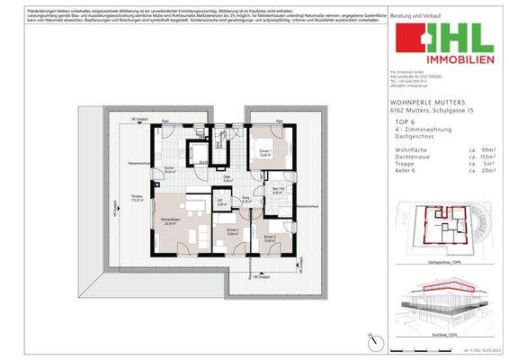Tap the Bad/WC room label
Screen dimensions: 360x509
tap(278, 190)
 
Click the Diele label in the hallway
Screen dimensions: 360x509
tap(228, 177)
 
